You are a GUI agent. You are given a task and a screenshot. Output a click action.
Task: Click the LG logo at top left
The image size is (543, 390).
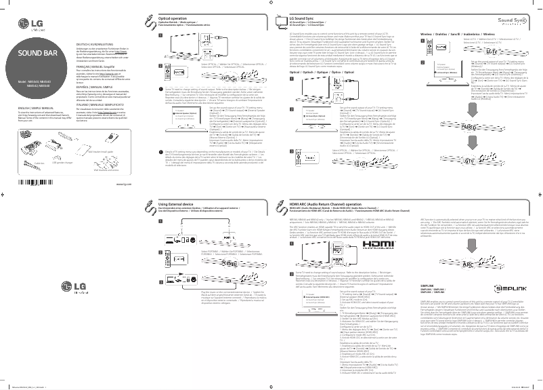pos(24,27)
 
